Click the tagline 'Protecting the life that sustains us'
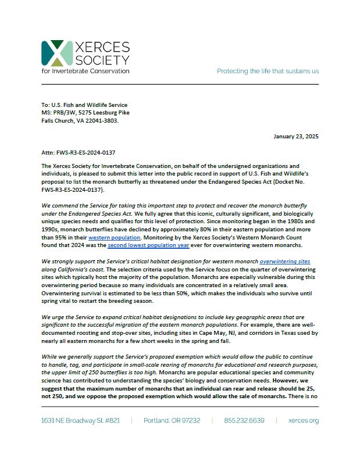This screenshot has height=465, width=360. click(x=268, y=71)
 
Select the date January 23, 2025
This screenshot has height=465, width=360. click(x=295, y=136)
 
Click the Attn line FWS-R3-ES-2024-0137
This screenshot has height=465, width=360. click(x=78, y=152)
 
